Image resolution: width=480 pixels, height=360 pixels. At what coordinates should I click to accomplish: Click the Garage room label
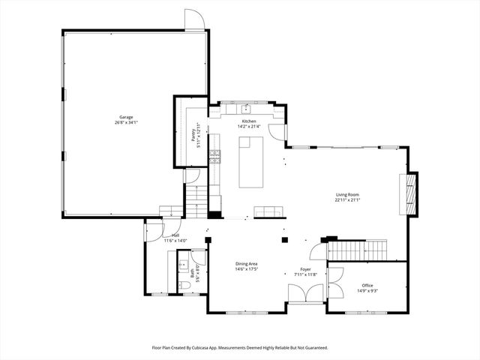tap(126, 117)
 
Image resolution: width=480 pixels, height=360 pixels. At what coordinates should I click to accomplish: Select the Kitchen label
tap(249, 121)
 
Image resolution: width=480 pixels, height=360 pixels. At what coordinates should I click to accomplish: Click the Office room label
tap(367, 285)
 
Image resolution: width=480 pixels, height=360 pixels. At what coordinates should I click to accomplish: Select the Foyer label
tap(306, 269)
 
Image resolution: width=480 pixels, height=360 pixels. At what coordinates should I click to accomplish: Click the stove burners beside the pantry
tap(215, 156)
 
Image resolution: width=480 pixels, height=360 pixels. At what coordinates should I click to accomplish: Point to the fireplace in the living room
tap(409, 193)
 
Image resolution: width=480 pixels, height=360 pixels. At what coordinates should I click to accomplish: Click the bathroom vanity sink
tap(182, 265)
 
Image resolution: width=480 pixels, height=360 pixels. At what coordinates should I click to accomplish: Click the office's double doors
tap(334, 278)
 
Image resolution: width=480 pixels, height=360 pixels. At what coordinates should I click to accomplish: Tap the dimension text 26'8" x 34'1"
tap(126, 122)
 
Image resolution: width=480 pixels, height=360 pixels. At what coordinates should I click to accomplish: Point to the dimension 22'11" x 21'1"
tap(347, 200)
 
